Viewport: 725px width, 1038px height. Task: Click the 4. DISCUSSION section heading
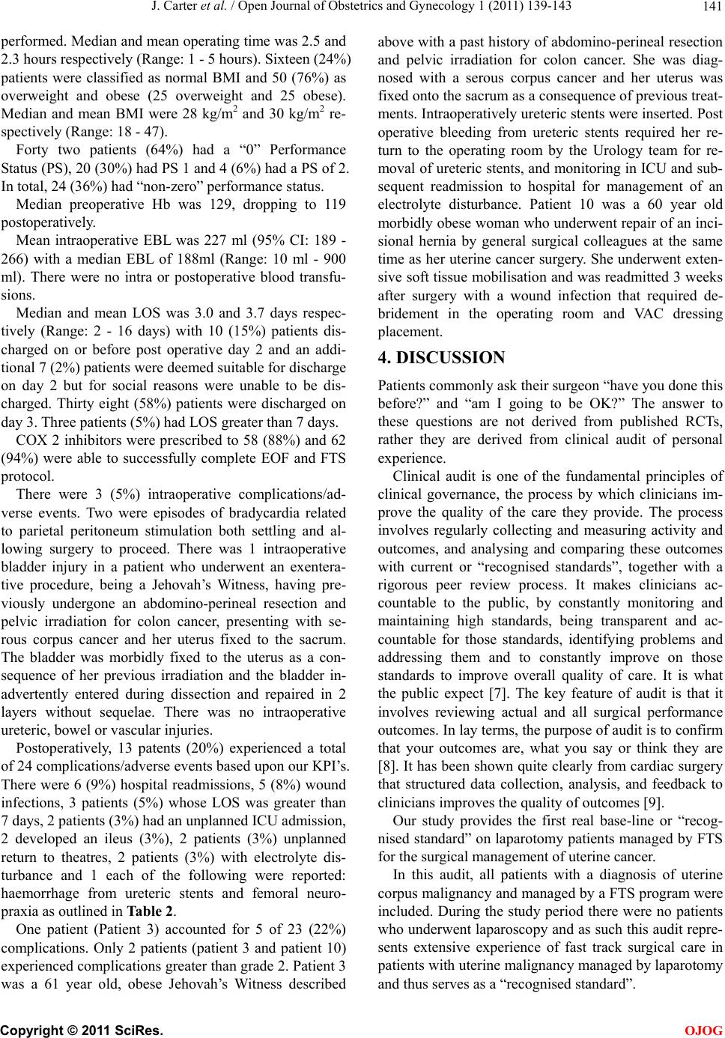[x=441, y=357]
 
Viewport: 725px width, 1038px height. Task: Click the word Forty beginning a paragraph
[x=32, y=150]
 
